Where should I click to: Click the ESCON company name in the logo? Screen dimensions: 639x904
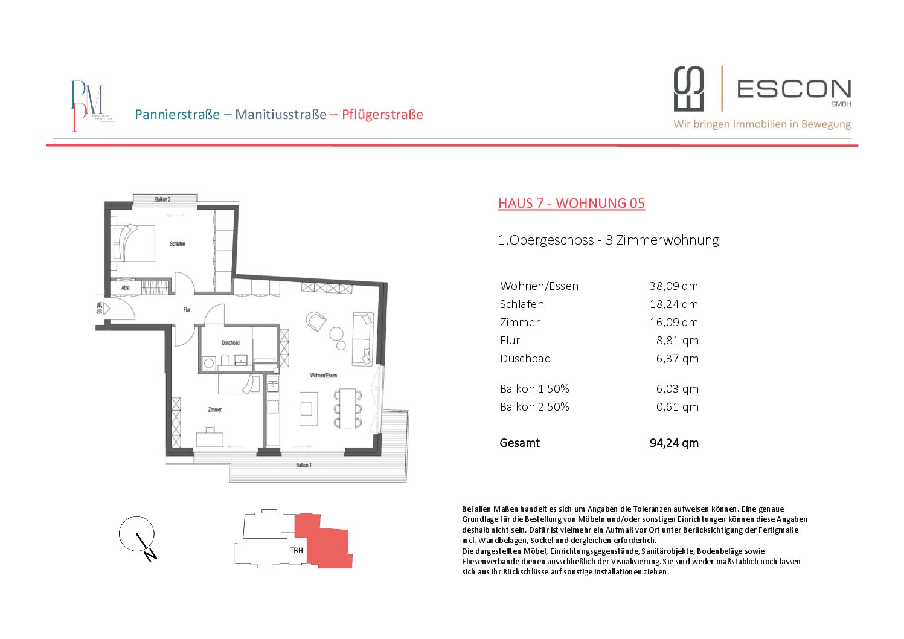793,89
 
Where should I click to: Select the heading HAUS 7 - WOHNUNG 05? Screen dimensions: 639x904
571,203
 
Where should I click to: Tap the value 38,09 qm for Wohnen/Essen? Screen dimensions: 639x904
673,286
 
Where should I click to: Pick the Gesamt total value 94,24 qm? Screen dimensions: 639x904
673,443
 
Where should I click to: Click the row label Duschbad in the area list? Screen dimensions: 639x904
525,359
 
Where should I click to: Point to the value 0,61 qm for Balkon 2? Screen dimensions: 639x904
677,407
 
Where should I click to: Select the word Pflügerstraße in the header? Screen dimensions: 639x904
382,115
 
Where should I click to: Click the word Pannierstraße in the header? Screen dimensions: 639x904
177,115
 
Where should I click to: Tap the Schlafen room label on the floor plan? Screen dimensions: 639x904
177,244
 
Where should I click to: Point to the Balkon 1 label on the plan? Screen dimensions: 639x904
303,465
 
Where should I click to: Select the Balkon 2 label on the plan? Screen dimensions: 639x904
162,199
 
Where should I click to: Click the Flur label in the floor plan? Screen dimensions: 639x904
187,309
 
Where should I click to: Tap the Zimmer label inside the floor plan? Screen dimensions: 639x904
214,409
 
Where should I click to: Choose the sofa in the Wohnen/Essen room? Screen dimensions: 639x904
363,338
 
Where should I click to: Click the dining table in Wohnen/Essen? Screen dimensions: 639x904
348,409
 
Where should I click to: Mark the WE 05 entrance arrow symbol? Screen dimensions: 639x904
106,309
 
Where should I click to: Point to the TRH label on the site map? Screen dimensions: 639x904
297,550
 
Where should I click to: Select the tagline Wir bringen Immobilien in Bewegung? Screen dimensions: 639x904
762,124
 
